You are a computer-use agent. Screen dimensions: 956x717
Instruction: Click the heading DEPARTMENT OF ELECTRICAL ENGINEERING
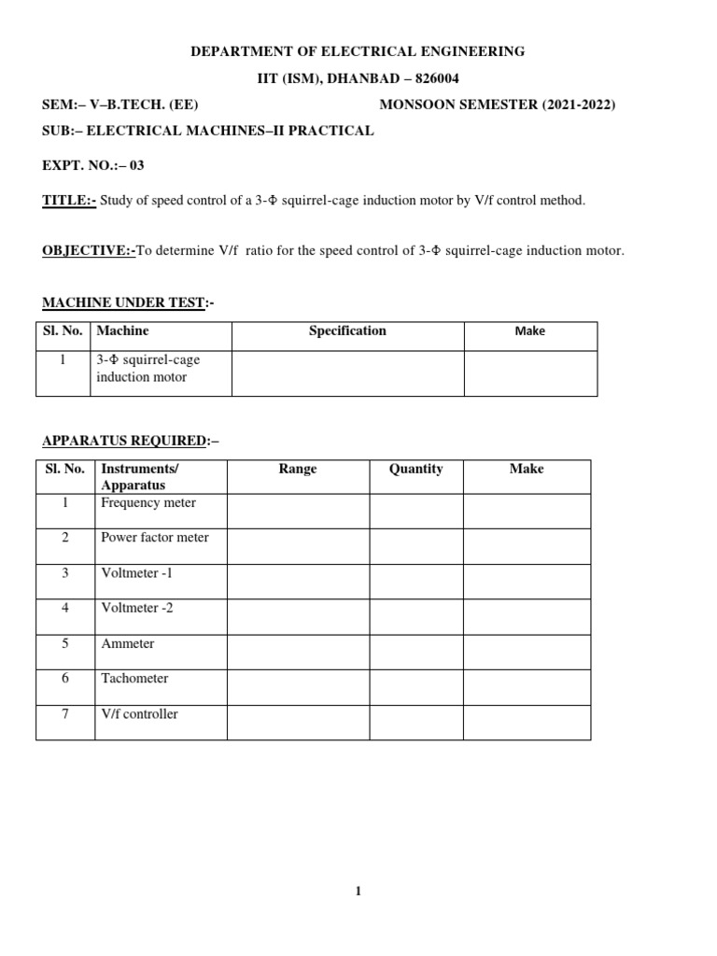click(x=358, y=52)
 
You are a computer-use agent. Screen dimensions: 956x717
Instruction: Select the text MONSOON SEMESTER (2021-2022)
click(x=497, y=105)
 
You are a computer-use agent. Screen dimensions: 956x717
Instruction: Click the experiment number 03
click(x=137, y=165)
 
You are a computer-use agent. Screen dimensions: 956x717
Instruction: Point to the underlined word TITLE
click(x=67, y=201)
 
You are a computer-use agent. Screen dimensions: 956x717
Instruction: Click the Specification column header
click(x=347, y=330)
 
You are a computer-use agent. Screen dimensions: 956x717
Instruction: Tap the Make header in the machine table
click(x=529, y=330)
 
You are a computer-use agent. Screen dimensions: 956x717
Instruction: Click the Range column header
click(x=298, y=469)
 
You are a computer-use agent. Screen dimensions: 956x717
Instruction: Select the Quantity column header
click(x=415, y=469)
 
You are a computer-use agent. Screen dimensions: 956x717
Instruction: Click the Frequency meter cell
click(x=148, y=503)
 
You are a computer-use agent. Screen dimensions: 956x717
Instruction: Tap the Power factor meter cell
click(x=155, y=538)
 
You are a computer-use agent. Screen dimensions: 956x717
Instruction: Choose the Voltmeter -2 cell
click(x=137, y=608)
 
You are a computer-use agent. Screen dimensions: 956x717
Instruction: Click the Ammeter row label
click(x=128, y=643)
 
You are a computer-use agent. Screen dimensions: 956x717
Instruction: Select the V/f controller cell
click(x=139, y=714)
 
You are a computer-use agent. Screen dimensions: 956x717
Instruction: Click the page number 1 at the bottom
click(x=358, y=892)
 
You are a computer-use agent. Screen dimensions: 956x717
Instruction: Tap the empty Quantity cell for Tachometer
click(x=415, y=687)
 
